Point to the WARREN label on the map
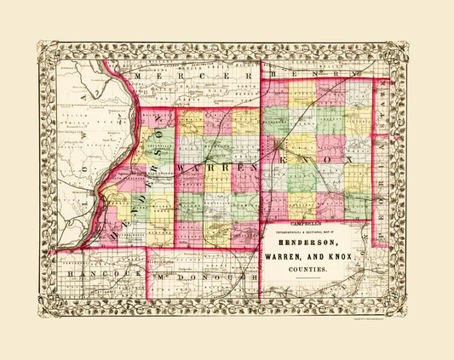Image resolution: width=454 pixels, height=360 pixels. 216,169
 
